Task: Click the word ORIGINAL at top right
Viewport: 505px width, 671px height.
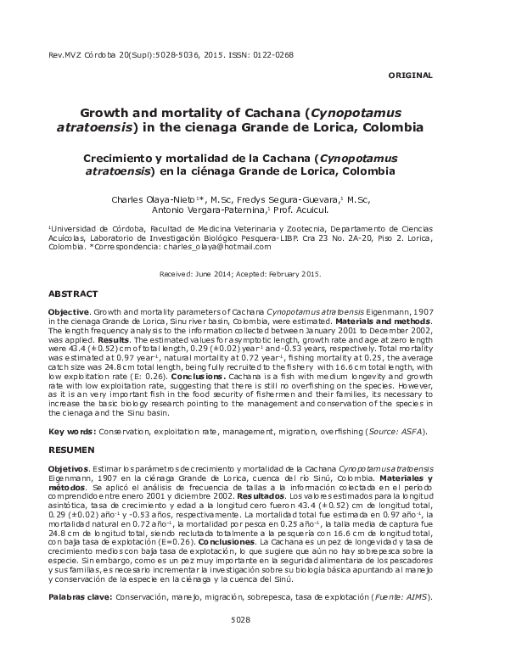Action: pos(410,75)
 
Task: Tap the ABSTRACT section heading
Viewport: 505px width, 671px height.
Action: pos(73,293)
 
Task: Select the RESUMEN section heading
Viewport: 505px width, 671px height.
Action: pos(71,449)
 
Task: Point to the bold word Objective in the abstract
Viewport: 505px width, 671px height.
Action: pos(67,313)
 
